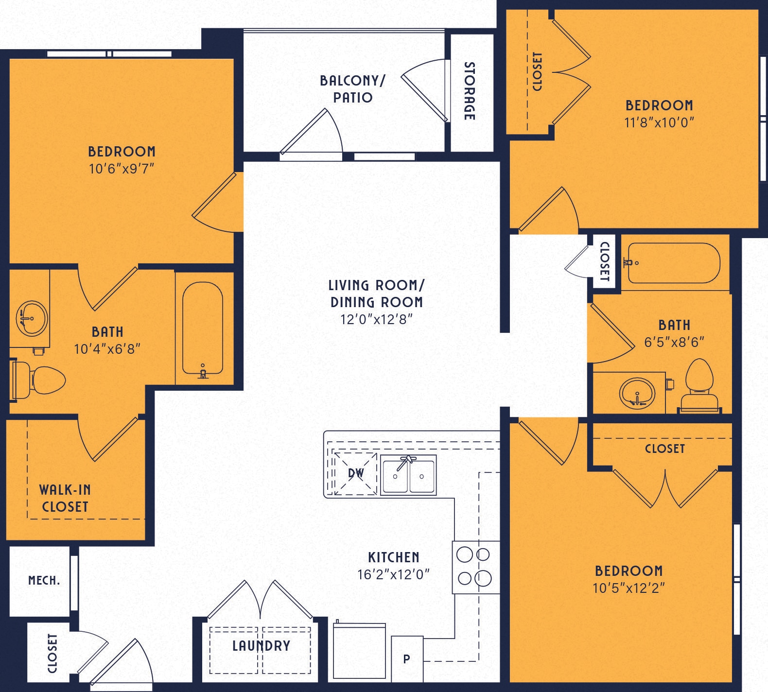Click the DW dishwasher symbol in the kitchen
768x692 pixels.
coord(355,473)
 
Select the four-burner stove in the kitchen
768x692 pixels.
coord(475,567)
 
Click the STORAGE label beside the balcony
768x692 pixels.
coord(470,91)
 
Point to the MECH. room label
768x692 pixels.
coord(44,580)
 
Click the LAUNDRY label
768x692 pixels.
coord(261,646)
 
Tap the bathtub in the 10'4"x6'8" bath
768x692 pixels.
coord(203,329)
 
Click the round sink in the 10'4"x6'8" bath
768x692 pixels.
coord(32,318)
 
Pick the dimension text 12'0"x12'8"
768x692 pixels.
coord(376,319)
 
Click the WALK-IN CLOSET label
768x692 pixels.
coord(65,498)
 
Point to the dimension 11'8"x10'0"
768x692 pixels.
coord(659,122)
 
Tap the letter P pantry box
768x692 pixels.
coord(407,659)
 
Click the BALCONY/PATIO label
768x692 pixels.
coord(352,89)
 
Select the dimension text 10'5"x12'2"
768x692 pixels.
coord(628,588)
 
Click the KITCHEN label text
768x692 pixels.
coord(393,557)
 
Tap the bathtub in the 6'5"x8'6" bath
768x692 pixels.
coord(674,263)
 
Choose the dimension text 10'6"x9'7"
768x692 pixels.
coord(122,169)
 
